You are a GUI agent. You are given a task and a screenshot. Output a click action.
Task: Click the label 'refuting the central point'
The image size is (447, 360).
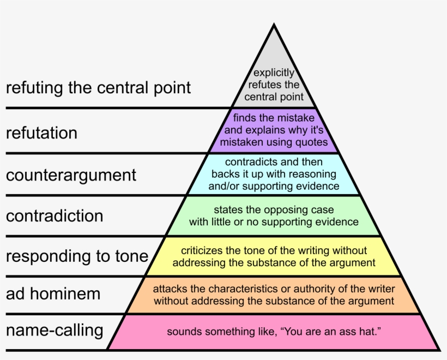coord(98,88)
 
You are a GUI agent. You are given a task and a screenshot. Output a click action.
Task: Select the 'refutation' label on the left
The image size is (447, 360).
coord(41,133)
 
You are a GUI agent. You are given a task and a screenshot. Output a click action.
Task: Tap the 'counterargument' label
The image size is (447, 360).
coord(71,175)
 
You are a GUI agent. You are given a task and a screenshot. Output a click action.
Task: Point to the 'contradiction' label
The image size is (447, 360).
coord(55,215)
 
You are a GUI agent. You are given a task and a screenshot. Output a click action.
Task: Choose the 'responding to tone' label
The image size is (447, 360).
coord(77,256)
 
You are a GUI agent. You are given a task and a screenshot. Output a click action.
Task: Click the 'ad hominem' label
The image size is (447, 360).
coord(53,294)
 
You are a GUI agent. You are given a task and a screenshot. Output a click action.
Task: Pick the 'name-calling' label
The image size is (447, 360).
coord(55,330)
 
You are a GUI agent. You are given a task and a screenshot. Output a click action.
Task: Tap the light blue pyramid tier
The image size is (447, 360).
coord(274,174)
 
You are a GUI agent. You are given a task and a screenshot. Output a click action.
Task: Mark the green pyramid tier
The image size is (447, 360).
coord(274,216)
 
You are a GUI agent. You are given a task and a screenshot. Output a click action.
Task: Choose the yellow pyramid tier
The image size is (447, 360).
coord(274,256)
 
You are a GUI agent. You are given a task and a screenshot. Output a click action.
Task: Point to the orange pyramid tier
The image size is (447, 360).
coord(274,295)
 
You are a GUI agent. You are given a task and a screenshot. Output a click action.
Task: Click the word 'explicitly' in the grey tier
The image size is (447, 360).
coord(274,73)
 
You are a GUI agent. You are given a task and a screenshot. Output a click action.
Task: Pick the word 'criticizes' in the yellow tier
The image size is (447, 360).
coord(202,250)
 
